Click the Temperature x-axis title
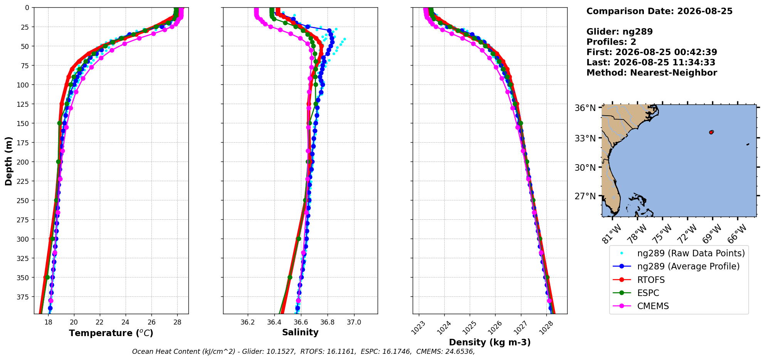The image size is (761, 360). (x=111, y=333)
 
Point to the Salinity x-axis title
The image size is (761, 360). (x=300, y=332)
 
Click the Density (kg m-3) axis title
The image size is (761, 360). (x=490, y=342)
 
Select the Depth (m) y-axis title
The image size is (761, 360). (x=8, y=161)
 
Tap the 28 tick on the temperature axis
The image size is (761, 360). (x=177, y=322)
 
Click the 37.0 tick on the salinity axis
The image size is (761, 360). (x=354, y=322)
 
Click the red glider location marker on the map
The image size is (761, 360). (x=711, y=132)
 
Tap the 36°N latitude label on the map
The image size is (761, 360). (x=585, y=108)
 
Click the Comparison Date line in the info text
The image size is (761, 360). (x=659, y=11)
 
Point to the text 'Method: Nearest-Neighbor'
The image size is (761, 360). (x=652, y=73)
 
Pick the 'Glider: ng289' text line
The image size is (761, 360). (x=620, y=32)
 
